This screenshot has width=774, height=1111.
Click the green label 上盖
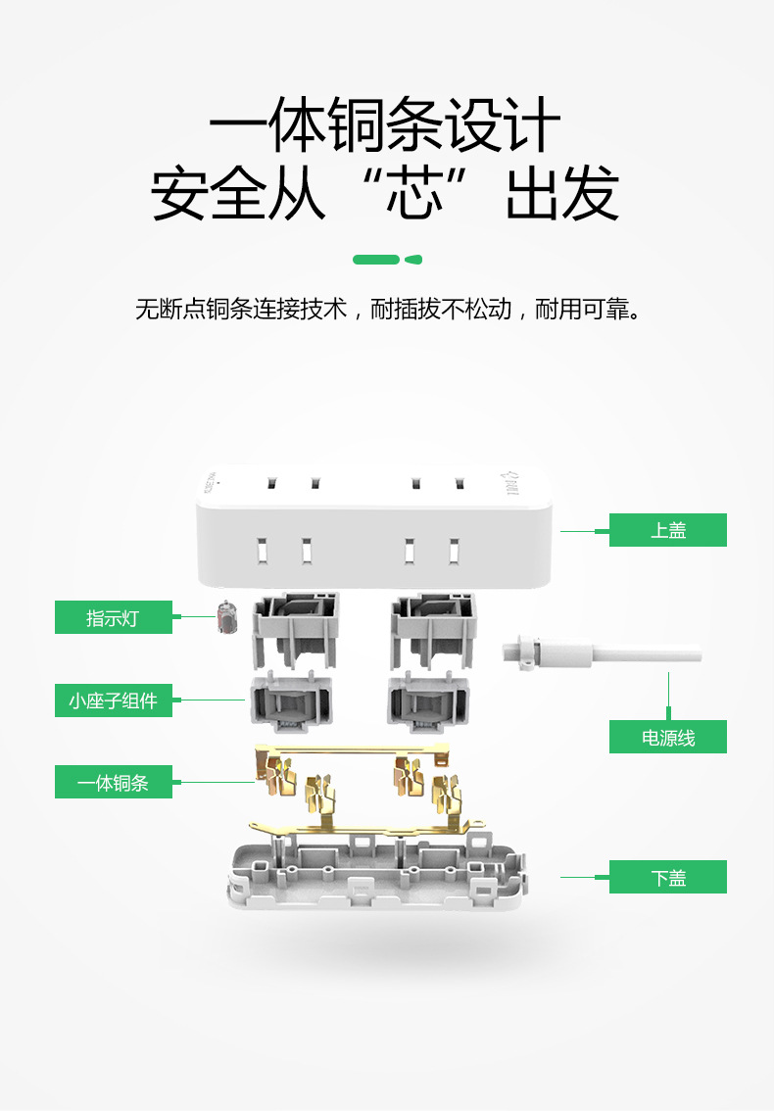click(x=667, y=530)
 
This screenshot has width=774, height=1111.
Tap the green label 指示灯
click(x=113, y=618)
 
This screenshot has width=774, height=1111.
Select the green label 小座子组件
click(x=113, y=700)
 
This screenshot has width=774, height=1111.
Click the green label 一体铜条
click(x=113, y=783)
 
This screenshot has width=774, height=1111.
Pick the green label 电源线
click(x=667, y=737)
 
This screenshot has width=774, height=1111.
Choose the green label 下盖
click(x=667, y=877)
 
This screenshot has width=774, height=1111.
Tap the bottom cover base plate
click(x=377, y=872)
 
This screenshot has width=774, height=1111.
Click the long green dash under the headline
click(x=376, y=260)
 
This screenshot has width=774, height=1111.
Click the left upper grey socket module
click(x=295, y=627)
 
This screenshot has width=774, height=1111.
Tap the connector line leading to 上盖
click(x=585, y=531)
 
